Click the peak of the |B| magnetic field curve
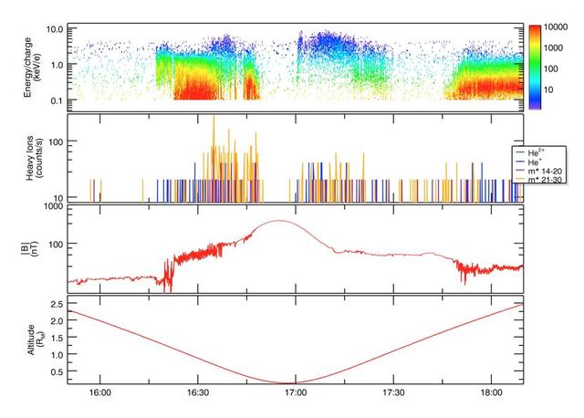pyautogui.click(x=278, y=221)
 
